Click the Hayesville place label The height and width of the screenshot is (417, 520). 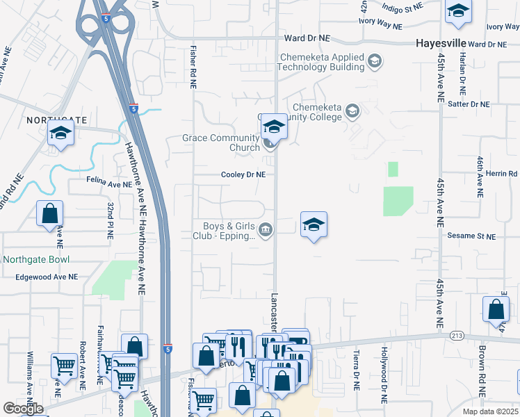441,42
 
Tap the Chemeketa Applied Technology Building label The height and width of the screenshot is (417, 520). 321,62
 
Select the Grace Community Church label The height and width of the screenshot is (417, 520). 221,142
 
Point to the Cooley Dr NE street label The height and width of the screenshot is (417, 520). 243,175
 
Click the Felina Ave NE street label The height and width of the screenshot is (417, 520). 108,185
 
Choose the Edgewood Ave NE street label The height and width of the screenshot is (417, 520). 47,277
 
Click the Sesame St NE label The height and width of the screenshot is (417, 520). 471,237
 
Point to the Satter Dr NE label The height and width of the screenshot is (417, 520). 469,104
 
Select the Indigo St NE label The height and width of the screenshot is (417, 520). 404,7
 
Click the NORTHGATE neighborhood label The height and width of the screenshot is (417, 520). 53,120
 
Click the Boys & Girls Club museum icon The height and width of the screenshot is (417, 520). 265,230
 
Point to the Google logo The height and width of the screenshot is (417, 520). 23,409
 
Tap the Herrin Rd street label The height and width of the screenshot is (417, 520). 502,174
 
